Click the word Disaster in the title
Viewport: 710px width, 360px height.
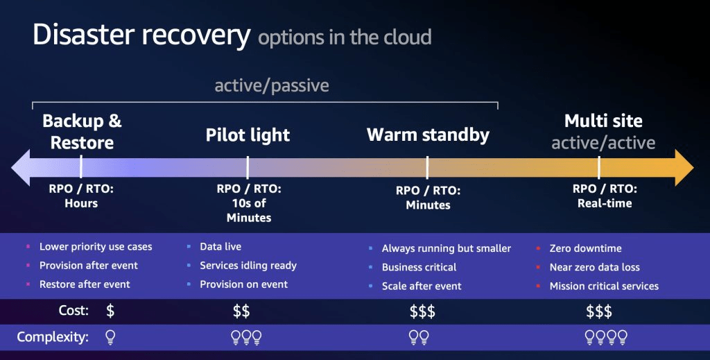tap(84, 35)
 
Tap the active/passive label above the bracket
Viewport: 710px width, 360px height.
tap(272, 85)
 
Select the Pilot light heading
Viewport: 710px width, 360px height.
tap(248, 135)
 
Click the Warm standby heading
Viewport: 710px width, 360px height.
tap(428, 135)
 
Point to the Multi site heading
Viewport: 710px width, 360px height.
tap(603, 121)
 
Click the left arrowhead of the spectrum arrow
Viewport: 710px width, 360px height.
tap(20, 168)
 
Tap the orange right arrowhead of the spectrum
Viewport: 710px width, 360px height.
tap(684, 168)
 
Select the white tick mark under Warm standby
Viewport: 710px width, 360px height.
tap(427, 168)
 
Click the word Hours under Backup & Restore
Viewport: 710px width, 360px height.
tap(81, 203)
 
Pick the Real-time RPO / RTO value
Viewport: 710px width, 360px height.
tap(605, 203)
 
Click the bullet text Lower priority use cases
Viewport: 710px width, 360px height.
tap(96, 247)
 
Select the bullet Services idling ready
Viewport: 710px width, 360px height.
tap(248, 266)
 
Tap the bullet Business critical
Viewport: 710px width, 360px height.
tap(419, 267)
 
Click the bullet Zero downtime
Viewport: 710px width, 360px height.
tap(585, 248)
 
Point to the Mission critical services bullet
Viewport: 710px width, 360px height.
tap(604, 286)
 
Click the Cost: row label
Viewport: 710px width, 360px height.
tap(73, 311)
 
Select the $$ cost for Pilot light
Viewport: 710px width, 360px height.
tap(241, 311)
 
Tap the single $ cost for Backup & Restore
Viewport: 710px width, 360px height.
tap(110, 311)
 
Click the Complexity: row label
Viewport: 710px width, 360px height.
tap(53, 337)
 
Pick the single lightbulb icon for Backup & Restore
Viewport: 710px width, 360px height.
tap(110, 337)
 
